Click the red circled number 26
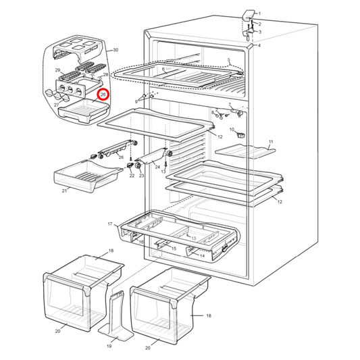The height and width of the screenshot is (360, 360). pyautogui.click(x=103, y=95)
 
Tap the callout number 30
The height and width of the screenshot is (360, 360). pyautogui.click(x=115, y=50)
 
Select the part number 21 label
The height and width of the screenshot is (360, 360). pyautogui.click(x=64, y=190)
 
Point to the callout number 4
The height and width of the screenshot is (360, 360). pyautogui.click(x=259, y=46)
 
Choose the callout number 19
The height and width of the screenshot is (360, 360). pyautogui.click(x=108, y=346)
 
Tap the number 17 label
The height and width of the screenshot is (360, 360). pyautogui.click(x=109, y=224)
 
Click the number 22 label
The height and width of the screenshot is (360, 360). pyautogui.click(x=132, y=176)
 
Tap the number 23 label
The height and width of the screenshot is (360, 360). pyautogui.click(x=141, y=176)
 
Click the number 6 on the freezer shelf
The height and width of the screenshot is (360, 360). pyautogui.click(x=164, y=69)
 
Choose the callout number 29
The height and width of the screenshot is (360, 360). pyautogui.click(x=57, y=70)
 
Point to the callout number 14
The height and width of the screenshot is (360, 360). pyautogui.click(x=202, y=255)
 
